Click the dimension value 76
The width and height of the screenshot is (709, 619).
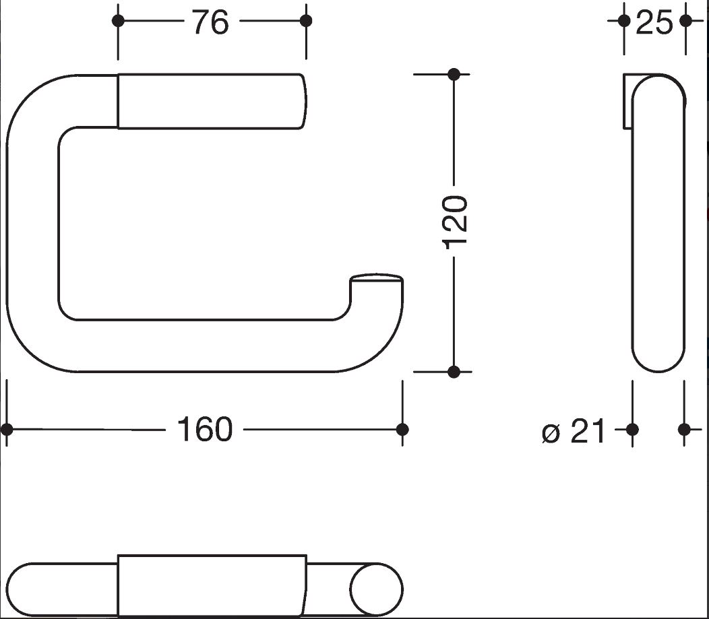tap(211, 22)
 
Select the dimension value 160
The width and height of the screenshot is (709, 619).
tap(204, 429)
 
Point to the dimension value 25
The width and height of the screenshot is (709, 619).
tap(654, 22)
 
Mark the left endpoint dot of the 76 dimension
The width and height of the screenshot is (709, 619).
tap(118, 21)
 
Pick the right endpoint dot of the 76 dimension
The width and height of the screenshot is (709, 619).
tap(306, 21)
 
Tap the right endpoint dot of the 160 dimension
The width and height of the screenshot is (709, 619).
tap(402, 429)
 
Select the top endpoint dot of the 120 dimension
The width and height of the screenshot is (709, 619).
tap(454, 74)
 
